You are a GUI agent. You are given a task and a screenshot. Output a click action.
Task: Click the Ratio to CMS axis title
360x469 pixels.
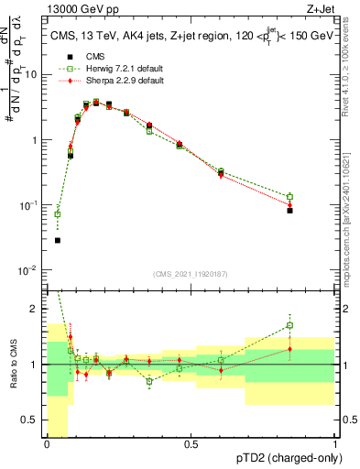click(14, 365)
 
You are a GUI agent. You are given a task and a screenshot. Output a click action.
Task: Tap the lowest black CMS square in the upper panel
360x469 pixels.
click(57, 240)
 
